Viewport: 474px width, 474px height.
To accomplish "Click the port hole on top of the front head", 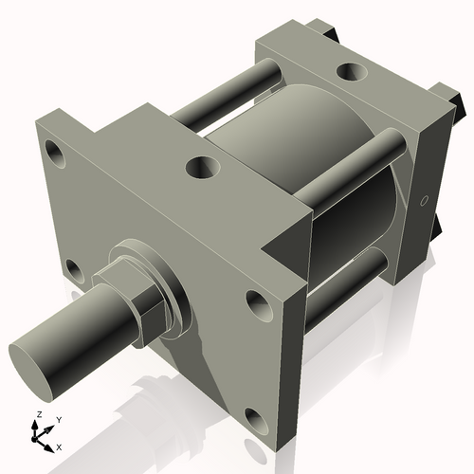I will click(202, 168).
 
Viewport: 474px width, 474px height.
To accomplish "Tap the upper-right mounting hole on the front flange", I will click(258, 303).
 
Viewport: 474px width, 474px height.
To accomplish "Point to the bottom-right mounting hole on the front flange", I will click(254, 418).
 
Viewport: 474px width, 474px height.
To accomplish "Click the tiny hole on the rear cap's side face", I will click(424, 200).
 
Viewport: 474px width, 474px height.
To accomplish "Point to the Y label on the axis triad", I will click(58, 419).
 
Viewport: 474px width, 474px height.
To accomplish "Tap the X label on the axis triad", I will click(59, 446).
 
